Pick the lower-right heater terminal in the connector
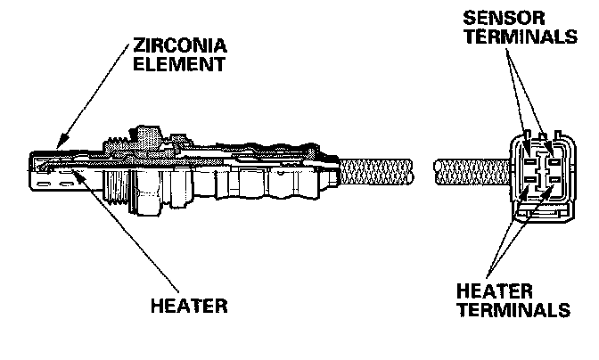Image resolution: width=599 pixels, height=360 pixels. click(552, 184)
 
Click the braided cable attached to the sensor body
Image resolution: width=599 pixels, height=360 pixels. click(374, 171)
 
